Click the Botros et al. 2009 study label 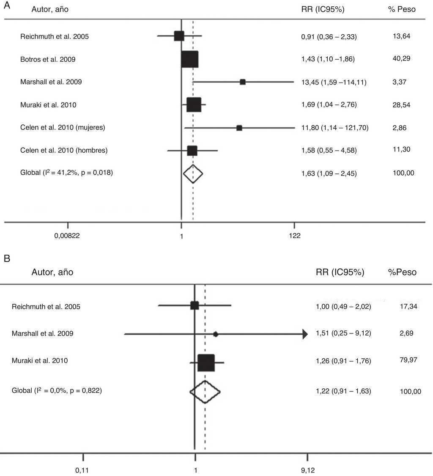pyautogui.click(x=48, y=60)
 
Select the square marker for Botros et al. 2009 pyautogui.click(x=189, y=59)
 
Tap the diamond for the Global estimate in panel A pyautogui.click(x=193, y=173)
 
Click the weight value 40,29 pyautogui.click(x=401, y=58)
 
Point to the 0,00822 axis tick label pyautogui.click(x=67, y=236)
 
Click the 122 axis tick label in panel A pyautogui.click(x=294, y=236)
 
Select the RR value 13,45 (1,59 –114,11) pyautogui.click(x=334, y=82)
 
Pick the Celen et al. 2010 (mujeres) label pyautogui.click(x=63, y=127)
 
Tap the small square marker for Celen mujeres pyautogui.click(x=239, y=128)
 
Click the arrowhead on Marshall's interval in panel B pyautogui.click(x=304, y=334)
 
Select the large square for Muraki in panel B pyautogui.click(x=206, y=363)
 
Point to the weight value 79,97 pyautogui.click(x=408, y=360)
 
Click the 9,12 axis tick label pyautogui.click(x=307, y=470)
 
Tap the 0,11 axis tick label pyautogui.click(x=83, y=470)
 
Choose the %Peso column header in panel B pyautogui.click(x=402, y=272)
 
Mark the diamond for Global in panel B pyautogui.click(x=205, y=391)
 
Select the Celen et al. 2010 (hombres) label pyautogui.click(x=64, y=150)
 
